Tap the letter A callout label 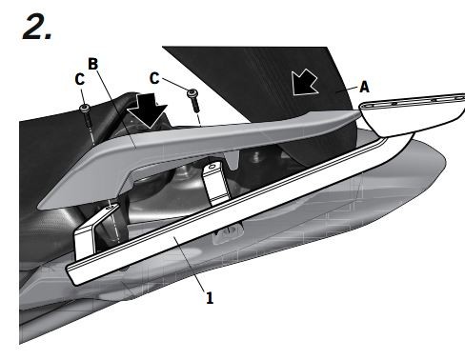click(x=363, y=85)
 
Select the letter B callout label click(x=92, y=64)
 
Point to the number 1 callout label click(x=209, y=297)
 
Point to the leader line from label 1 click(x=192, y=268)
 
